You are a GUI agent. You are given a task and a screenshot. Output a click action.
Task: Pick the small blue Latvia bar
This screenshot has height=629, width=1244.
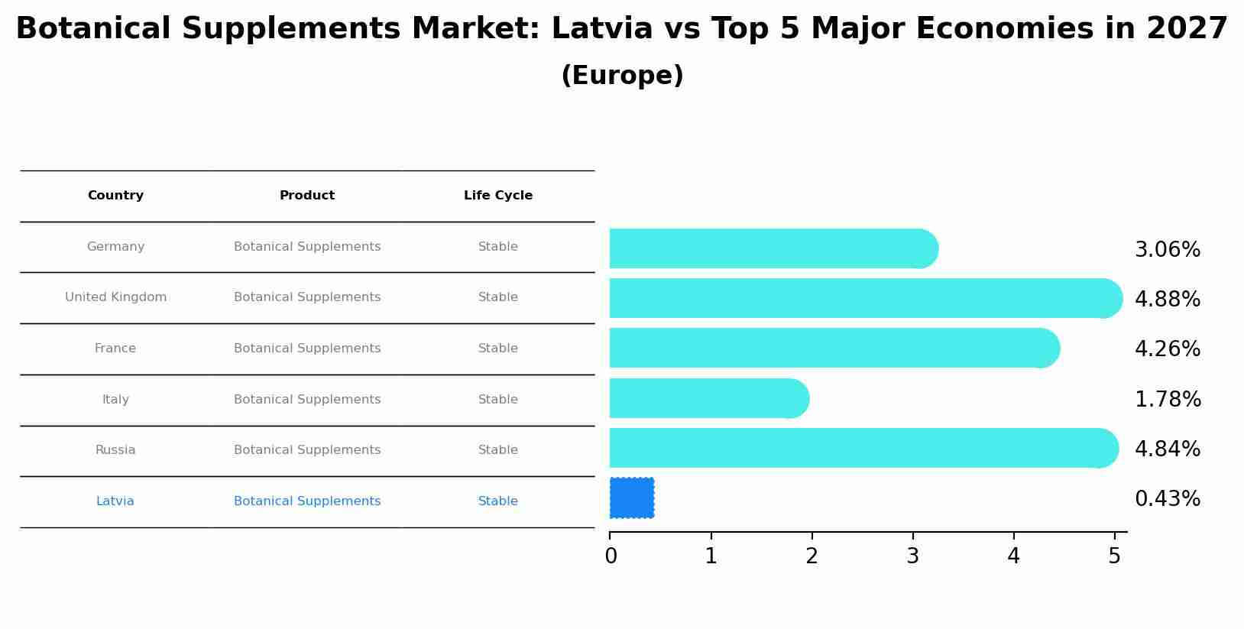[x=632, y=498]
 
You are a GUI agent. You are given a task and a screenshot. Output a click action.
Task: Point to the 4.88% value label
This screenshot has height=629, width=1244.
[x=1167, y=300]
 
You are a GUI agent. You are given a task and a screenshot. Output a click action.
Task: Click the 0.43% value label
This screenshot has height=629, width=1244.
[x=1167, y=499]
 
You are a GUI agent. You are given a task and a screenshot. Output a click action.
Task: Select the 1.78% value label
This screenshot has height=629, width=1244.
[x=1167, y=400]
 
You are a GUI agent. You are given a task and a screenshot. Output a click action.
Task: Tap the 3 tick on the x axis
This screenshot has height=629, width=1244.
[x=912, y=556]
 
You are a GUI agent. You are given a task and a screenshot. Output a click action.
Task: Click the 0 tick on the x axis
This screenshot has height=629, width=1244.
[x=611, y=556]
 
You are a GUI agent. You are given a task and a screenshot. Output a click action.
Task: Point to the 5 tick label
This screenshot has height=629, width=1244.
[x=1114, y=556]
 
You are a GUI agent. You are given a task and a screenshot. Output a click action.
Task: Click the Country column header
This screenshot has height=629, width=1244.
[x=115, y=196]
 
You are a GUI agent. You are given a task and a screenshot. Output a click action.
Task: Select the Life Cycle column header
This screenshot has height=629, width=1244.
[x=498, y=196]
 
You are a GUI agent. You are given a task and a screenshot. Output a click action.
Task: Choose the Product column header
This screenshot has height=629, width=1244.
[x=307, y=196]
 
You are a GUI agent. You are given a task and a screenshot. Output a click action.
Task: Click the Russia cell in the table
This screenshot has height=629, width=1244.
[x=115, y=450]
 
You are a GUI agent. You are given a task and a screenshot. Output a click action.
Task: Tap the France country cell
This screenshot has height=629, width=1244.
[x=115, y=349]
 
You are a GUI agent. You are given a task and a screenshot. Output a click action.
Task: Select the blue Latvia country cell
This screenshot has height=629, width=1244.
[x=115, y=501]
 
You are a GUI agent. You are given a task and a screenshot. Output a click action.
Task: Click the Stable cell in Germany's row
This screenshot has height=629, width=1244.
[x=498, y=247]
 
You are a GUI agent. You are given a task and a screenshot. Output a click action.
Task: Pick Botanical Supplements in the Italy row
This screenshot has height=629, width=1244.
[x=307, y=400]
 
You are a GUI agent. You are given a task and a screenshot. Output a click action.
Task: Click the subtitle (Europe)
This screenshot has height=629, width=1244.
[x=622, y=76]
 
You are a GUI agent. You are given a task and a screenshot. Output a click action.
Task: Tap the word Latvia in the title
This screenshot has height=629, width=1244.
[x=601, y=29]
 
